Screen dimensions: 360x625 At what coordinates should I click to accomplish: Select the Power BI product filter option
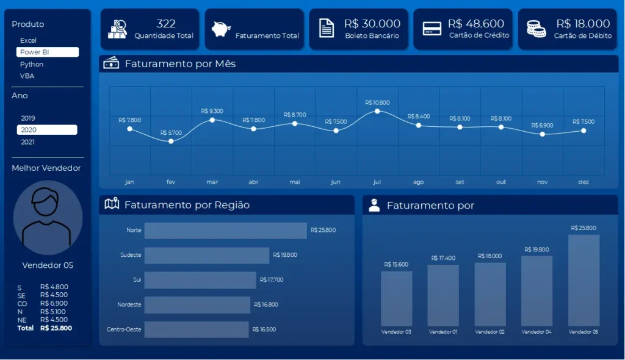[x=47, y=52]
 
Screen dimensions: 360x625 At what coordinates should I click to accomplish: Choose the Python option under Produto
[x=32, y=64]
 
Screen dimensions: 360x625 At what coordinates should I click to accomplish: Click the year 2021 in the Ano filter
[x=28, y=142]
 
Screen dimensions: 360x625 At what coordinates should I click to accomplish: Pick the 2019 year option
[x=28, y=118]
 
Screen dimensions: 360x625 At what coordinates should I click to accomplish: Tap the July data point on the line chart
[x=377, y=111]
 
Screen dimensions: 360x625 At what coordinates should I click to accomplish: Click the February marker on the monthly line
[x=171, y=141]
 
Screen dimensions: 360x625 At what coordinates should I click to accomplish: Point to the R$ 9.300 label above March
[x=212, y=111]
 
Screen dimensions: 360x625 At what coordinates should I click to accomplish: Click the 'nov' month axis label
[x=542, y=182]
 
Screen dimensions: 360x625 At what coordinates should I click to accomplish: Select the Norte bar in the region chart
[x=225, y=230]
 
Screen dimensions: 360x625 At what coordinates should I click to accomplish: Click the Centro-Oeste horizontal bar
[x=197, y=329]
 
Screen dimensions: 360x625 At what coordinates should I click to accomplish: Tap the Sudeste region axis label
[x=131, y=255]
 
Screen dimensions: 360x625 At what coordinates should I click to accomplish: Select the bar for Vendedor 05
[x=583, y=280]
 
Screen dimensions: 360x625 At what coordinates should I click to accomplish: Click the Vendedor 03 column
[x=396, y=298]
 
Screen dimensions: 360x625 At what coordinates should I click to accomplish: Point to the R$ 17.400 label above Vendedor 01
[x=443, y=258]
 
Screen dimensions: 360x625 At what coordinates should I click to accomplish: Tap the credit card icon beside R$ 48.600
[x=432, y=29]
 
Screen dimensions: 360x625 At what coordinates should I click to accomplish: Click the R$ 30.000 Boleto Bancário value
[x=372, y=24]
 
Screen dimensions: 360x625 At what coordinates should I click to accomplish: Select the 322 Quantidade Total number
[x=166, y=24]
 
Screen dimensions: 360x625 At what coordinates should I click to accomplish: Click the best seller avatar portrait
[x=48, y=217]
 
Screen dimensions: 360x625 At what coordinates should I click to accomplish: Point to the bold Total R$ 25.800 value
[x=56, y=328]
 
